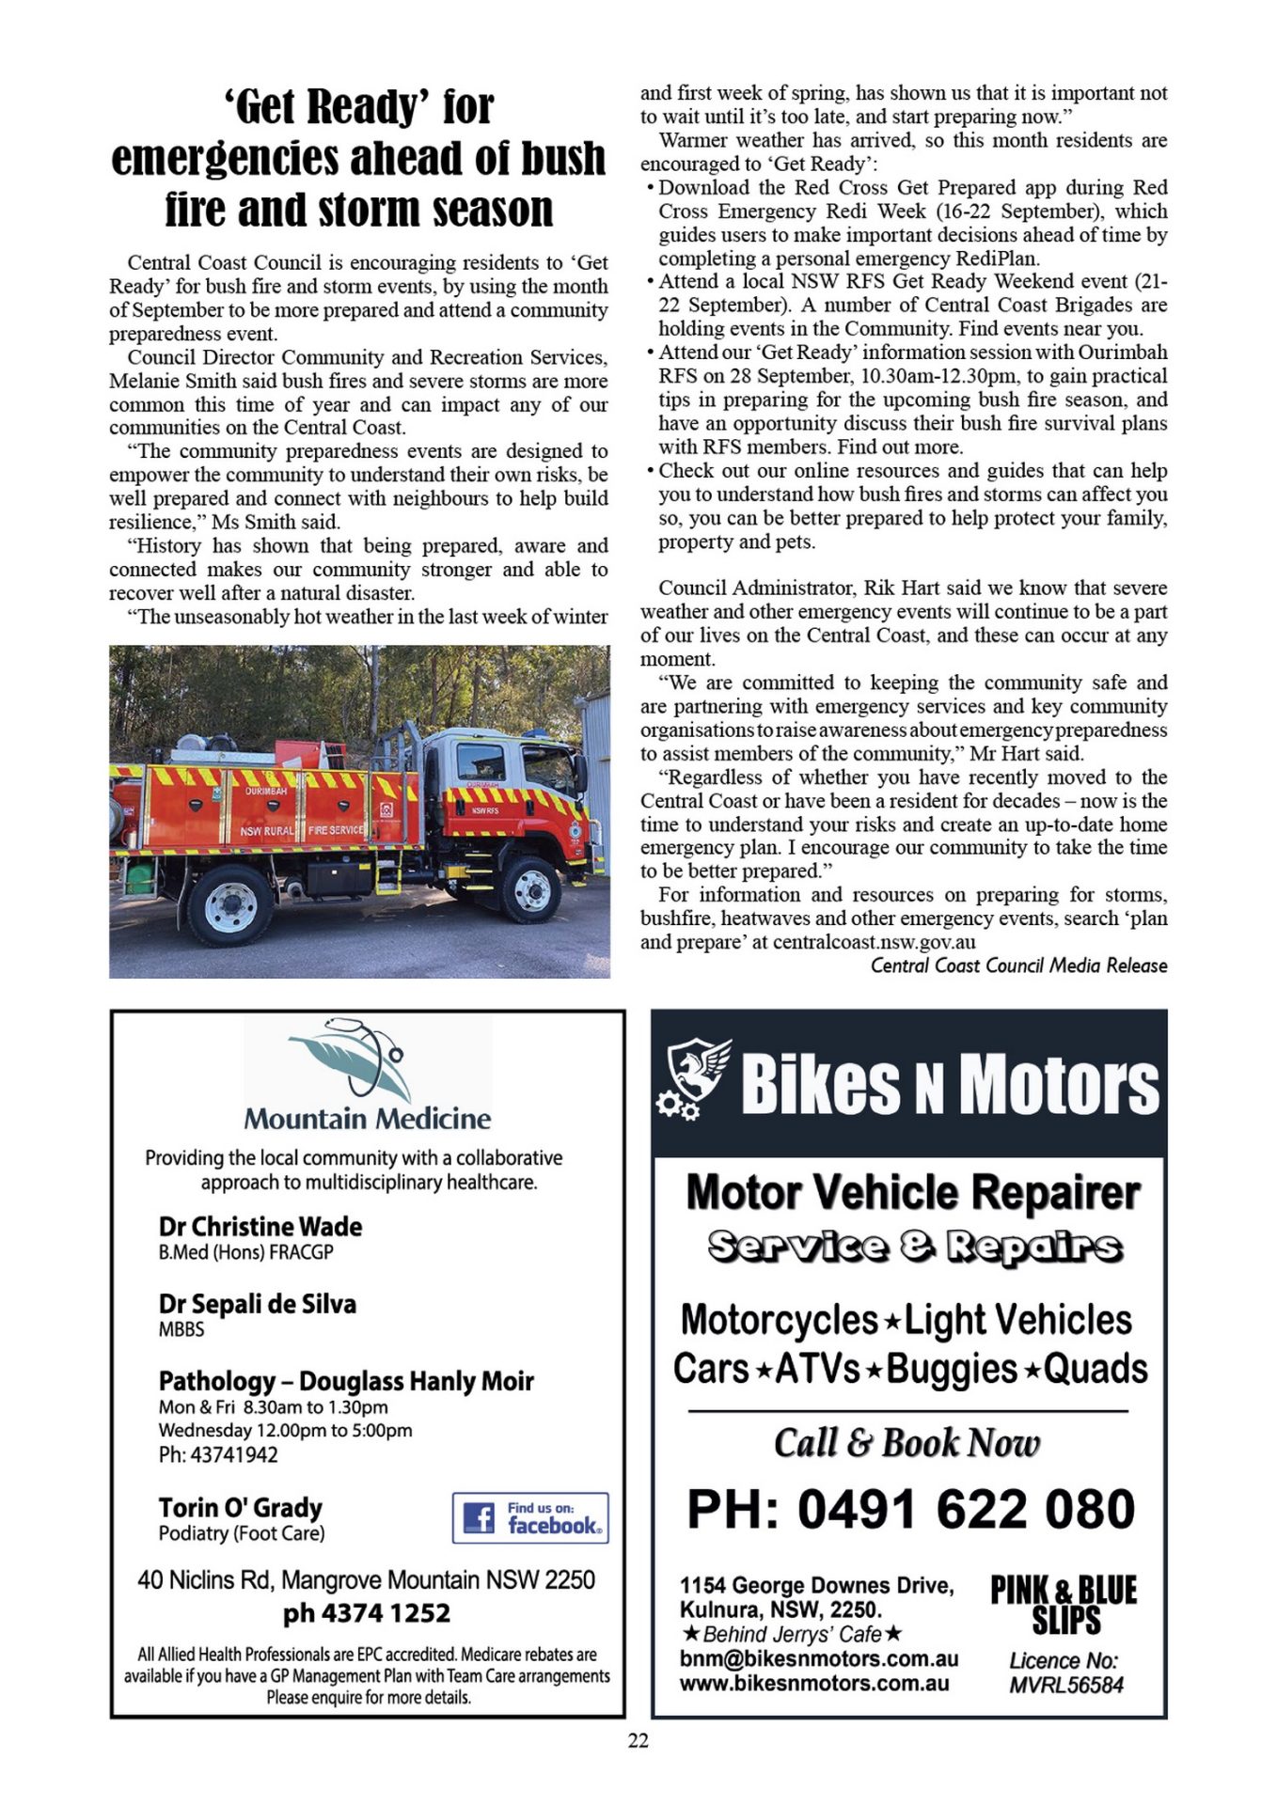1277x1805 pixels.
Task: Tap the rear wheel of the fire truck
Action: coord(230,903)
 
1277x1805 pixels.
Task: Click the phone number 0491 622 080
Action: coord(910,1510)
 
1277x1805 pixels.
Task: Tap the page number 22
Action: coord(638,1741)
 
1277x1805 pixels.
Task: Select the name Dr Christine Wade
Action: coord(260,1227)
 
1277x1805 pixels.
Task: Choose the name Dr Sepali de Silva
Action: coord(258,1304)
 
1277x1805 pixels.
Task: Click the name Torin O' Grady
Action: coord(241,1508)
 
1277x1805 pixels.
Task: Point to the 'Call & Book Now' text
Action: coord(907,1443)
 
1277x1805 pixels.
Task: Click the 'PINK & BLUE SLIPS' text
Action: coord(1064,1606)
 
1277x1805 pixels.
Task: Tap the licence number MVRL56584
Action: coord(1066,1685)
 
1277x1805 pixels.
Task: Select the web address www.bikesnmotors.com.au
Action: coord(814,1684)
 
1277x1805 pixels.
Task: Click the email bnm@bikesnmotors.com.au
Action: coord(819,1659)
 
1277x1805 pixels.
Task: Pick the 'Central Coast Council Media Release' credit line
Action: coord(1018,965)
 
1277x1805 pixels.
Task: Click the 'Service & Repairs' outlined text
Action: coord(914,1247)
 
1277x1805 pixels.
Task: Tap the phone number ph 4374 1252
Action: coord(367,1613)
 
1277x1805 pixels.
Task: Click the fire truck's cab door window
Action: coord(481,762)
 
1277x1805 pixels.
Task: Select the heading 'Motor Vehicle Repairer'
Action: coord(913,1193)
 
